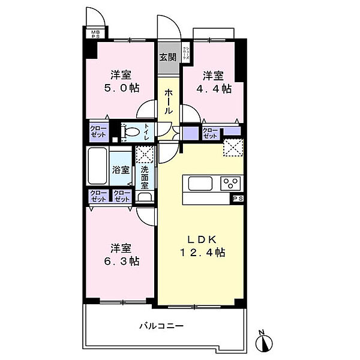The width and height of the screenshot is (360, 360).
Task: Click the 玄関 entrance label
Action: (x=167, y=58)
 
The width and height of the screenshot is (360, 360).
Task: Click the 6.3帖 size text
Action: (x=124, y=262)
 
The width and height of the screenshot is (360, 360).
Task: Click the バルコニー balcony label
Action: (x=161, y=326)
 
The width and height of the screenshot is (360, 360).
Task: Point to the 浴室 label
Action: (x=121, y=170)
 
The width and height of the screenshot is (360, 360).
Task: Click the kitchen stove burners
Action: (x=229, y=182)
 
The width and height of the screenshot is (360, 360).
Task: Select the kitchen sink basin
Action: (x=199, y=182)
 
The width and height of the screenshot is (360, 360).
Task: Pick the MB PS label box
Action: (x=95, y=34)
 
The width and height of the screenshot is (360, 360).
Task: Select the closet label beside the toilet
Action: (x=97, y=132)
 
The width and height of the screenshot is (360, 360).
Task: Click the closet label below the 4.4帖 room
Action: (x=209, y=133)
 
